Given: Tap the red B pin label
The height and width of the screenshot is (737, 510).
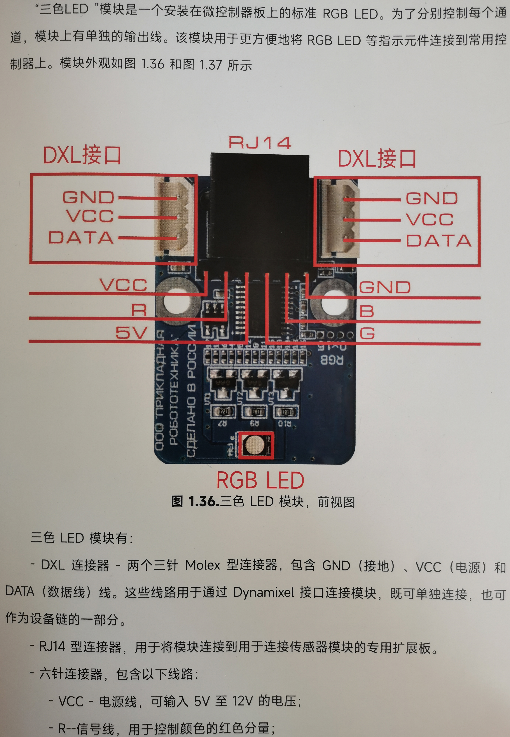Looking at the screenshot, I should click(366, 311).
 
